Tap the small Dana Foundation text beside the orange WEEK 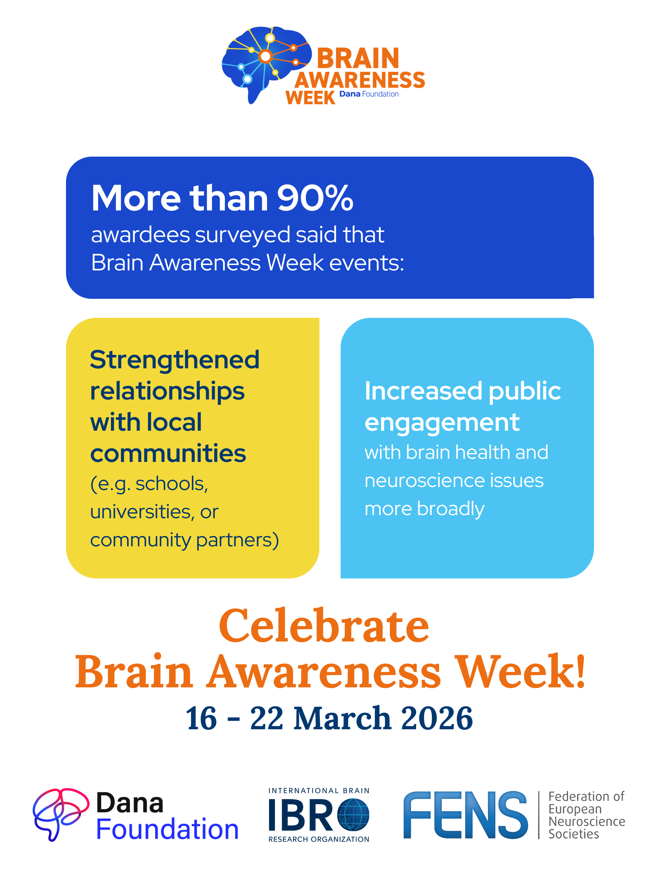[369, 94]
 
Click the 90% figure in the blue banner [315, 198]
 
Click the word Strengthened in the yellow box [175, 360]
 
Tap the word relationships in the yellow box [167, 392]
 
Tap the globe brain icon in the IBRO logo [353, 815]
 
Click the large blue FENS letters [465, 815]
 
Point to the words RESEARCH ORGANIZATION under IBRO [319, 839]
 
